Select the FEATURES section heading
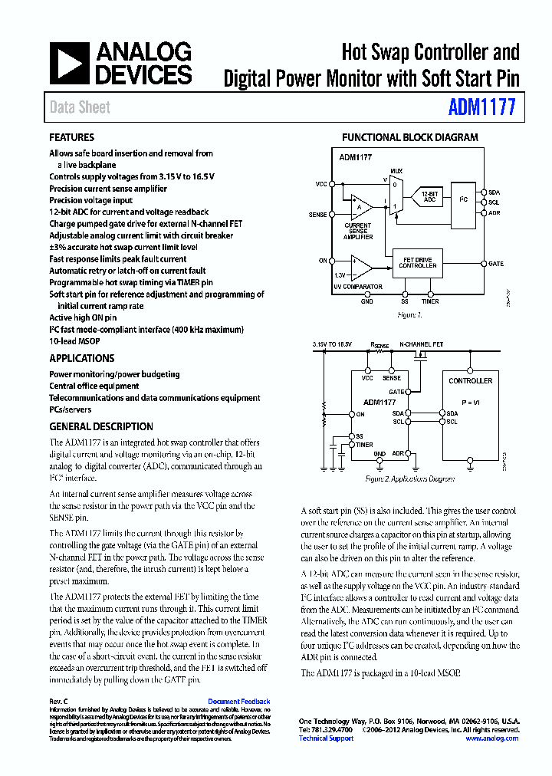pos(71,138)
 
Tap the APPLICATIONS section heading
pos(81,358)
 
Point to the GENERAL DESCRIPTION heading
pos(100,426)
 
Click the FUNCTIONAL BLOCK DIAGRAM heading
pos(409,138)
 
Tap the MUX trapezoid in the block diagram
pos(396,195)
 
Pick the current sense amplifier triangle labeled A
pos(358,206)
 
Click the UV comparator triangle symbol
pos(360,268)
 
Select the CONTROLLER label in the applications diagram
pos(470,381)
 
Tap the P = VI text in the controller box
pos(470,402)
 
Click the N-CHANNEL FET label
pos(422,346)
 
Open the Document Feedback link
pos(238,702)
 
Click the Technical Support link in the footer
pos(326,738)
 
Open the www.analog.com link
pos(491,738)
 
